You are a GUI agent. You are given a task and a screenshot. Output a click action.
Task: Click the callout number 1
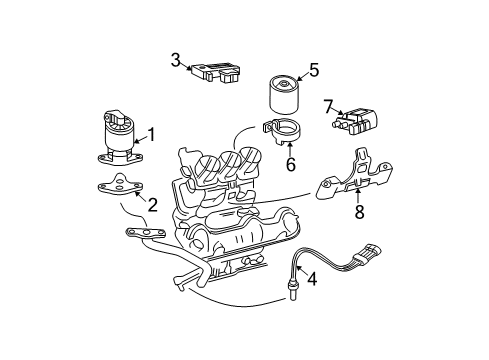[x=152, y=133]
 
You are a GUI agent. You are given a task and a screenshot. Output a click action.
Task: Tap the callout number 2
[x=152, y=205]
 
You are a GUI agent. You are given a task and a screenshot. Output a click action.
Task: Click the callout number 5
[x=313, y=71]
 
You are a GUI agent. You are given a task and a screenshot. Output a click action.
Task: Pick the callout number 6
[x=290, y=163]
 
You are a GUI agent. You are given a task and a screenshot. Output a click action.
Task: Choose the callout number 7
[x=328, y=105]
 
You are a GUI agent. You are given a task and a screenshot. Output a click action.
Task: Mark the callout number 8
[x=357, y=210]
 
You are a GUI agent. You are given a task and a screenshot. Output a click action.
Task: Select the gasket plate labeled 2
[x=118, y=187]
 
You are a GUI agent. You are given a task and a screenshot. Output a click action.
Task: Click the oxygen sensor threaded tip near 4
[x=291, y=292]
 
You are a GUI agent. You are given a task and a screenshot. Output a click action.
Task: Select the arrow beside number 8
[x=357, y=194]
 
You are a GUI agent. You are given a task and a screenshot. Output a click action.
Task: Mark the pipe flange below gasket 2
[x=143, y=233]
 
